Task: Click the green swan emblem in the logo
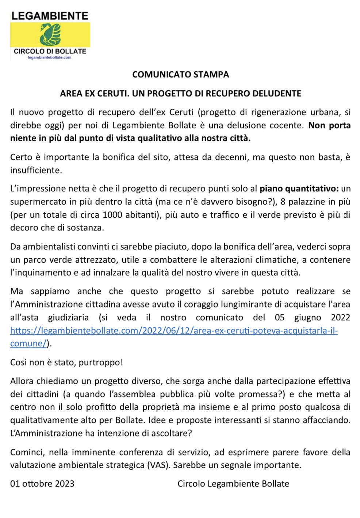coord(50,34)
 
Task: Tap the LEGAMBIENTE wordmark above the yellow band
coord(50,16)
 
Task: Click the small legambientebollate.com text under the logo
coord(50,57)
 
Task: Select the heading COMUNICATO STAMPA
coord(180,75)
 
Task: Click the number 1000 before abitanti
coord(112,214)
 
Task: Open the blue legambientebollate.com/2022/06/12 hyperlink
coord(174,331)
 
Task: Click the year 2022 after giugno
coord(340,317)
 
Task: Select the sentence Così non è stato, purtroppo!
coord(66,362)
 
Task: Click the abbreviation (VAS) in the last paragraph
coord(158,465)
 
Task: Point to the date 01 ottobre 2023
coord(42,484)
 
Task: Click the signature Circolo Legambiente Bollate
coord(233,484)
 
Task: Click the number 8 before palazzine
coord(283,202)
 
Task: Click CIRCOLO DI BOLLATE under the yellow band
coord(50,51)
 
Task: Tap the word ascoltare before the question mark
coord(169,433)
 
